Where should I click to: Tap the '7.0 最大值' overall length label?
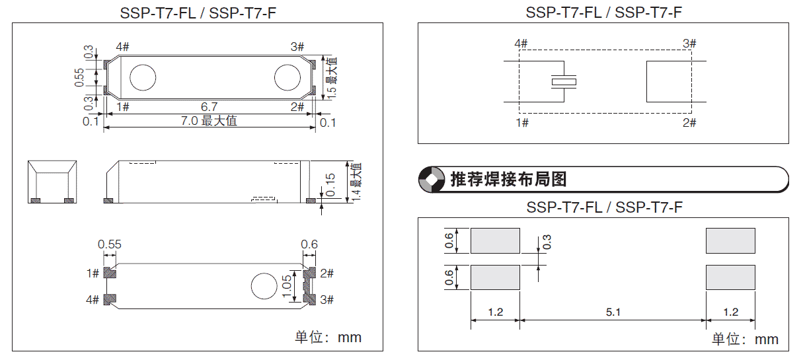tap(209, 121)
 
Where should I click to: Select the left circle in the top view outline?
tap(141, 77)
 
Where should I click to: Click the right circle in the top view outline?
tap(287, 77)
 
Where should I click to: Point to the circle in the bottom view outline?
tap(264, 286)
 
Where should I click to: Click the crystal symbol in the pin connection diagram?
tap(564, 82)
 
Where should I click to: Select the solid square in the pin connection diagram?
tap(669, 82)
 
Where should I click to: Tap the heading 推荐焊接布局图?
tap(508, 179)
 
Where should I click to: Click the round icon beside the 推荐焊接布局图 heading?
tap(432, 179)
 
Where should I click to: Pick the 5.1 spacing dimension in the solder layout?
tap(613, 312)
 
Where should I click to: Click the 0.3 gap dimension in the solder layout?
tap(547, 242)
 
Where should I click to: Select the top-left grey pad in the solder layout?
tap(495, 240)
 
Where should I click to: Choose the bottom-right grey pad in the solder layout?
tap(730, 277)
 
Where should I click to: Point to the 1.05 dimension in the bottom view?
tap(286, 287)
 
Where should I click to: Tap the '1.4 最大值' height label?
tap(355, 182)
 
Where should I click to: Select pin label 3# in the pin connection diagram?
tap(689, 44)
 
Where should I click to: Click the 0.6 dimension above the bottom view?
tap(309, 244)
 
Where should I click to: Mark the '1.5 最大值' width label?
tap(331, 77)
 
